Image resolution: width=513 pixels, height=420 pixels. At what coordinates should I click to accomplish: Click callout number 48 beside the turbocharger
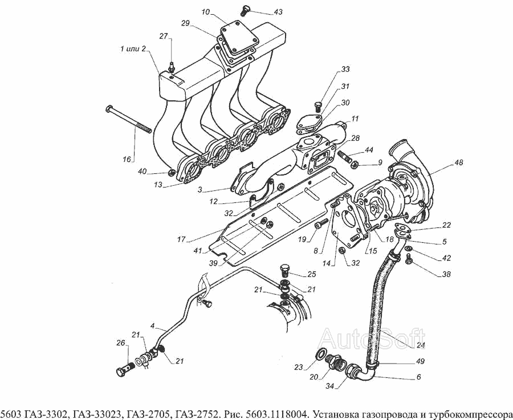pyautogui.click(x=459, y=162)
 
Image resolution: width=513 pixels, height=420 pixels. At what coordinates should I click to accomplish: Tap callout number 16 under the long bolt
pyautogui.click(x=127, y=159)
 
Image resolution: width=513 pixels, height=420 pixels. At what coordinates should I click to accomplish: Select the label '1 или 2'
pyautogui.click(x=133, y=50)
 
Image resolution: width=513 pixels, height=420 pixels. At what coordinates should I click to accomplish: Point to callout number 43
pyautogui.click(x=278, y=12)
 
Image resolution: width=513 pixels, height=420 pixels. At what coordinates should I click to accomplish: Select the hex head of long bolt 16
pyautogui.click(x=109, y=109)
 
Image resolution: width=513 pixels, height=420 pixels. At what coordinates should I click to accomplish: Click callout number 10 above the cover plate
pyautogui.click(x=205, y=11)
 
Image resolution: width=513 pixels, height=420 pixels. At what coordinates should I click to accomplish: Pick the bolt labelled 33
pyautogui.click(x=319, y=105)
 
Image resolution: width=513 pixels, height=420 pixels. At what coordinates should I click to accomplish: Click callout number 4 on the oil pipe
pyautogui.click(x=153, y=326)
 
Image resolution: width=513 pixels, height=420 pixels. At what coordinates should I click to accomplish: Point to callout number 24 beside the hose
pyautogui.click(x=420, y=345)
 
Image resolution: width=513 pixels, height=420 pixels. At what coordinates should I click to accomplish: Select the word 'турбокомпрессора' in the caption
pyautogui.click(x=466, y=413)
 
